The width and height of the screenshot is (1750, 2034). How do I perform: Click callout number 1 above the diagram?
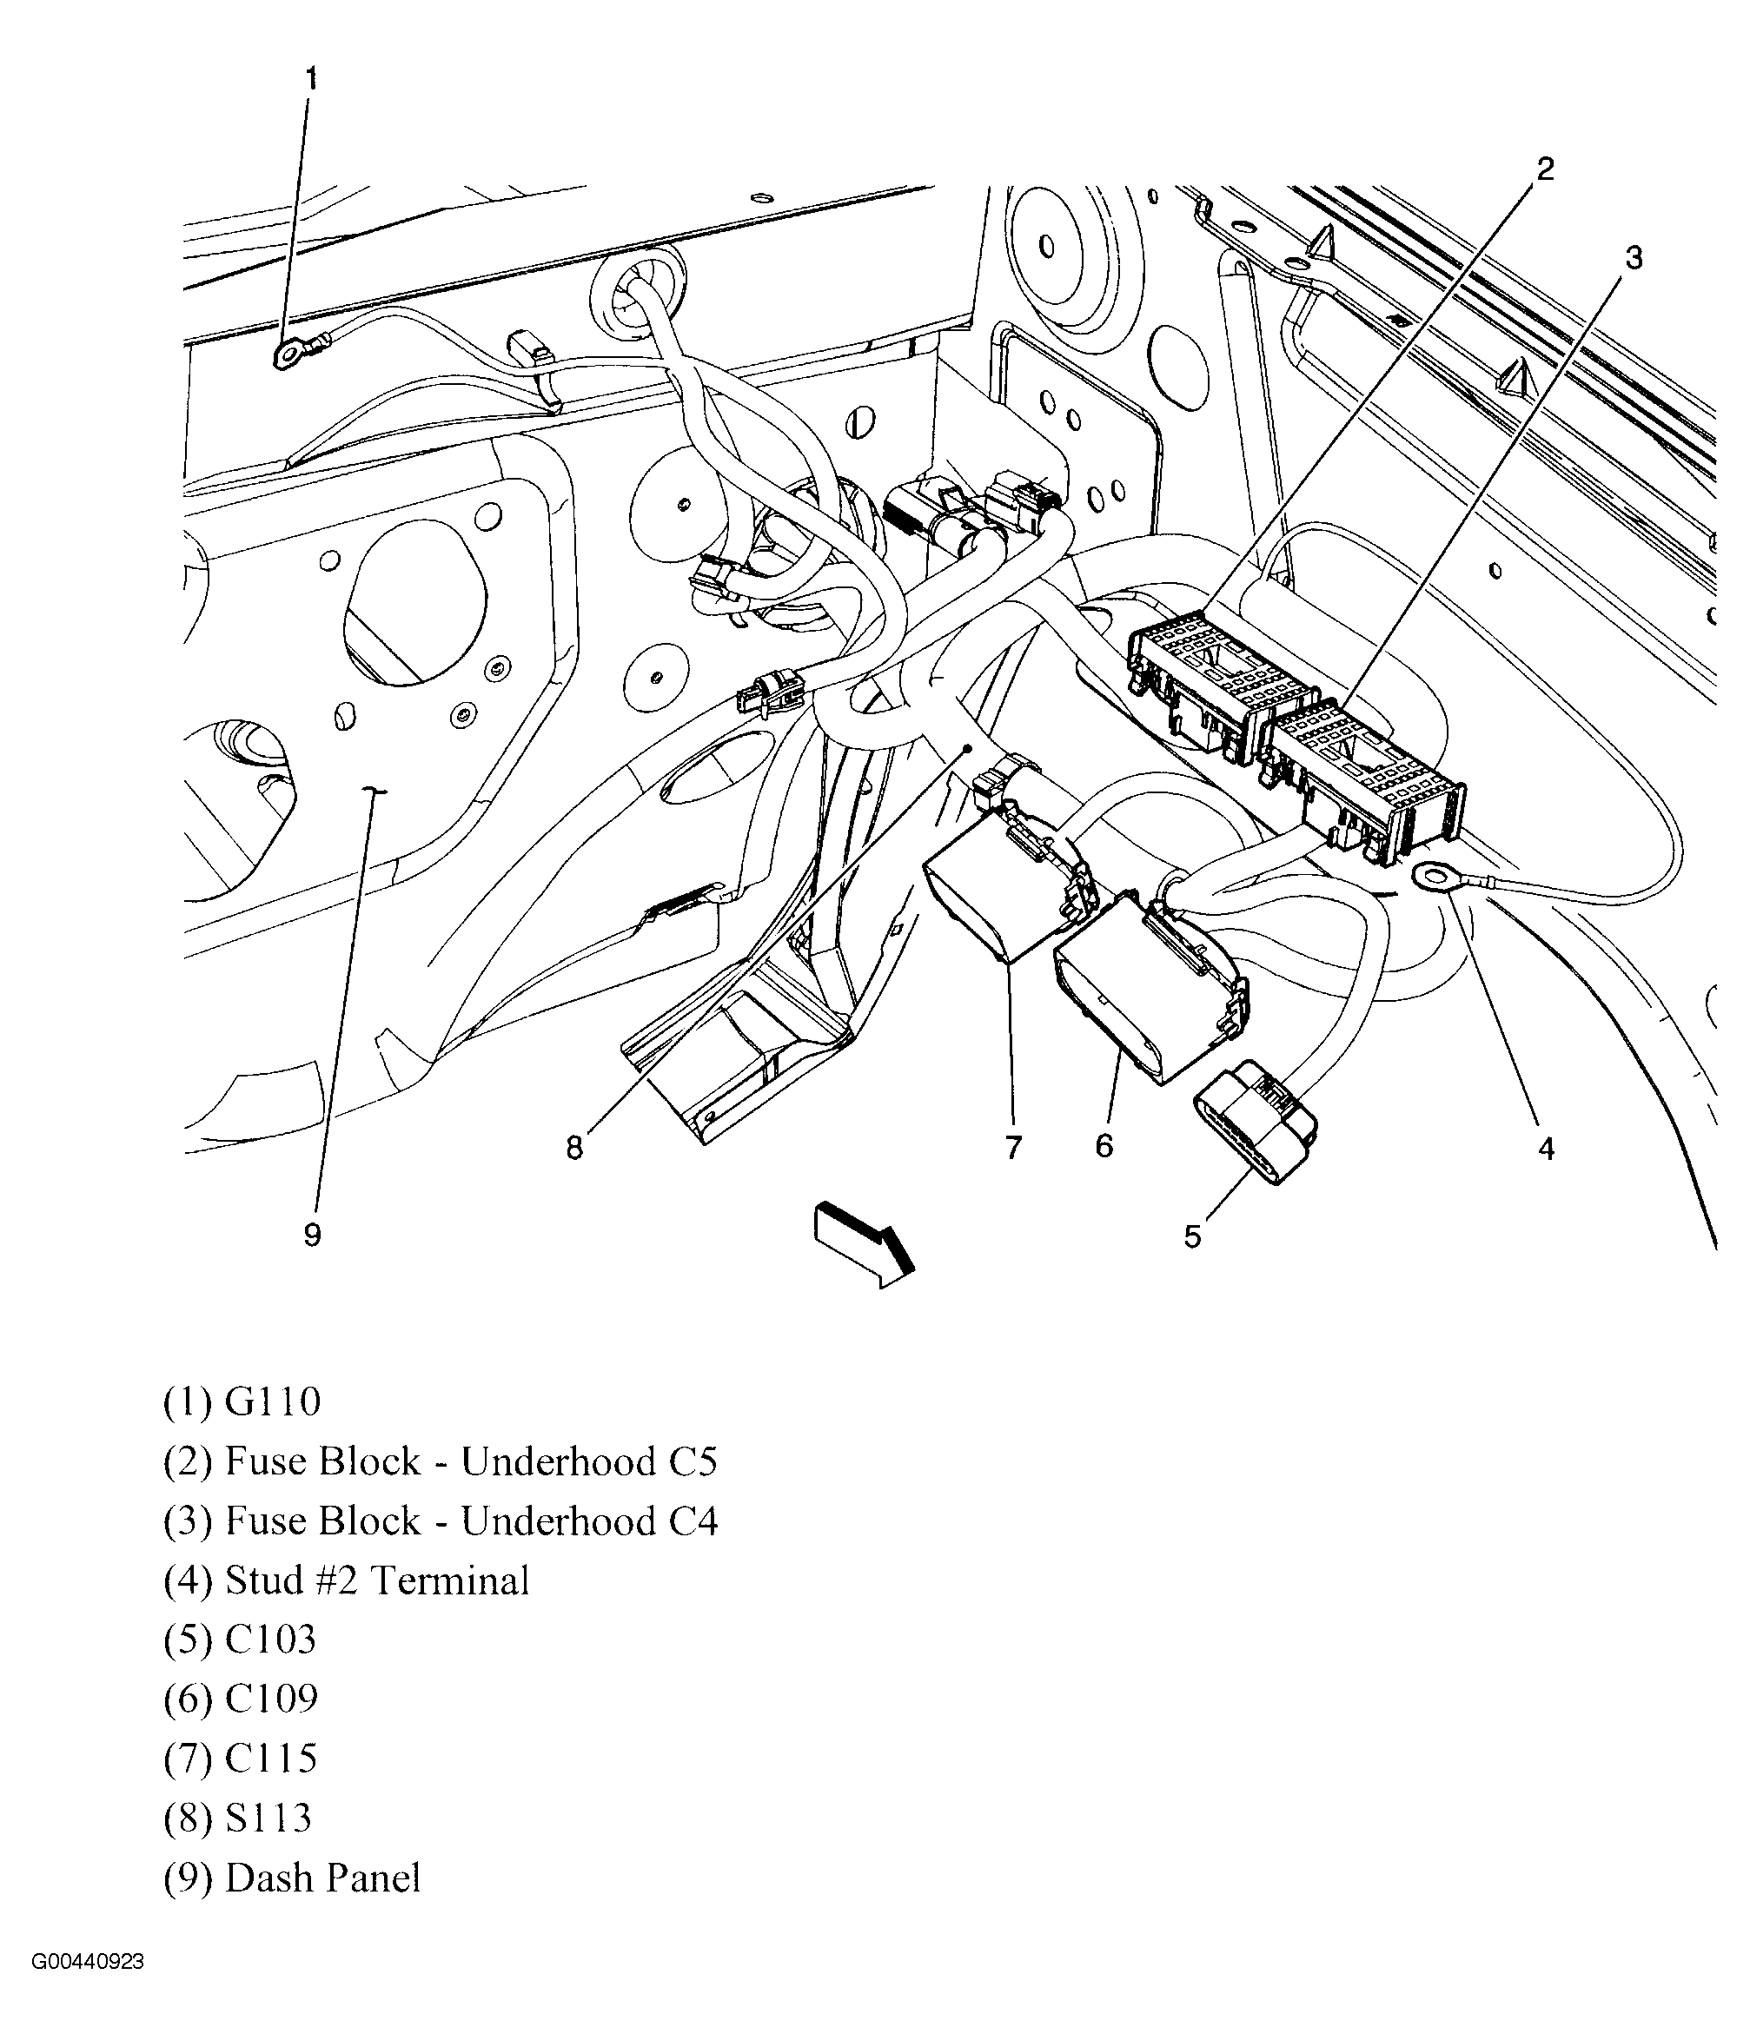311,78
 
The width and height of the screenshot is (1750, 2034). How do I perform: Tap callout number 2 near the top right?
1545,169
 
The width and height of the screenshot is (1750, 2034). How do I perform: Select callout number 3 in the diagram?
1634,258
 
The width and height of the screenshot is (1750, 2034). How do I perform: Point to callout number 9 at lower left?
312,1235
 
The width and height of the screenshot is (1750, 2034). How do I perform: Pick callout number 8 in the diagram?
574,1148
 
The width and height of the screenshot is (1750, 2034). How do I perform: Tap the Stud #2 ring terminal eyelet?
1435,876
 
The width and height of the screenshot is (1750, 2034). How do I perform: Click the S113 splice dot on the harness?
968,748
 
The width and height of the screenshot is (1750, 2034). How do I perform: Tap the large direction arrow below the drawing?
863,1246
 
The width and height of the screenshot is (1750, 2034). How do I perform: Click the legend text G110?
273,1401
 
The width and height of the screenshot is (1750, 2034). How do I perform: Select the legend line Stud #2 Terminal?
377,1580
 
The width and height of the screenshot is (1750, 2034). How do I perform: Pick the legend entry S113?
268,1818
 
